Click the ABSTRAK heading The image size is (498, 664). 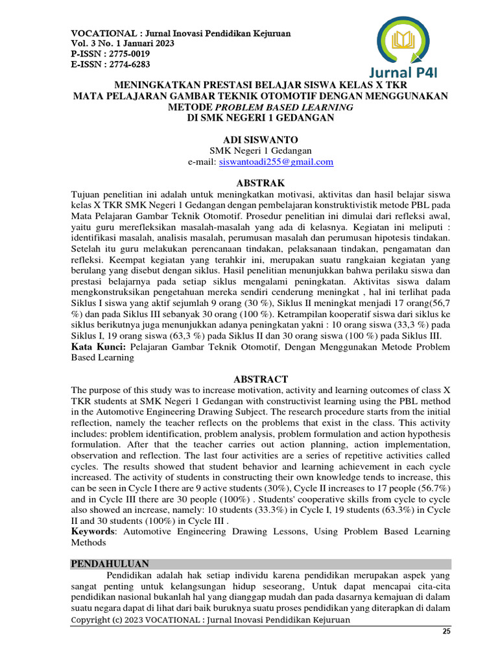(x=250, y=183)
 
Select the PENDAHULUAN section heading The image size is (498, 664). (x=110, y=564)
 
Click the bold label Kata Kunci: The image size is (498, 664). (x=98, y=347)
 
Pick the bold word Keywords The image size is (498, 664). (x=96, y=532)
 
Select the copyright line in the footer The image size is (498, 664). (x=210, y=620)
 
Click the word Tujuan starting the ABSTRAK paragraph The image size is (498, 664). (x=86, y=194)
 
